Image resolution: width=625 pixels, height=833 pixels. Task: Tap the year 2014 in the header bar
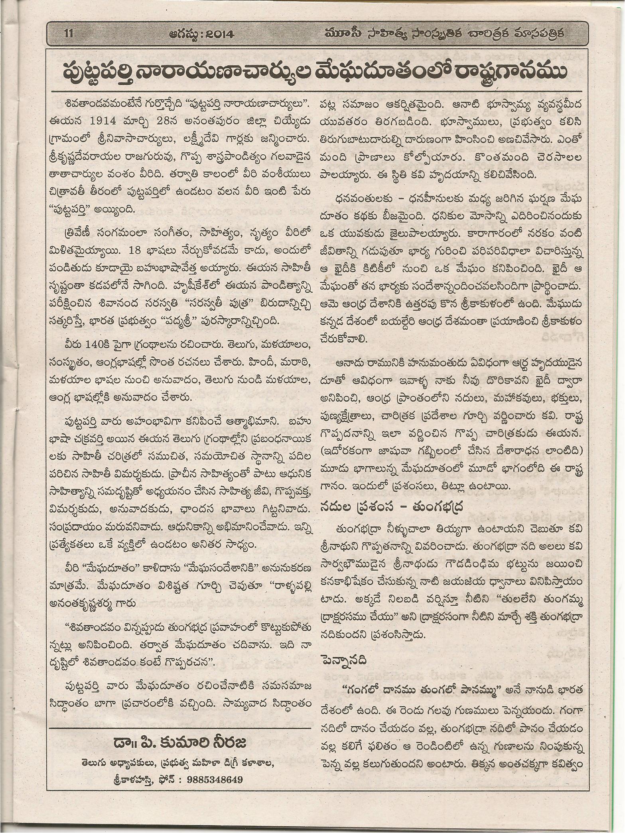[x=216, y=34]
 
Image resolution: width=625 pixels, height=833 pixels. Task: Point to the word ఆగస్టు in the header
[x=183, y=34]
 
